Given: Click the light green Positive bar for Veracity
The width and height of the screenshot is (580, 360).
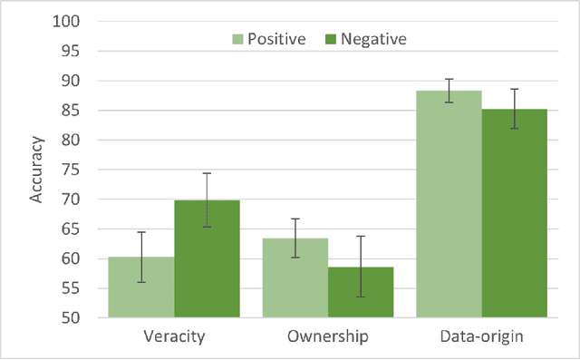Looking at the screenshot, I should click(x=141, y=287).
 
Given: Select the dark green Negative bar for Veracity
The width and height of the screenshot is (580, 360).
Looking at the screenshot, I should click(x=207, y=259).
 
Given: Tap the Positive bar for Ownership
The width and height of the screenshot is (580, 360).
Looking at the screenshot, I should click(x=295, y=278).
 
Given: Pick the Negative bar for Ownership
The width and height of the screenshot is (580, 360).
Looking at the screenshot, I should click(x=360, y=293).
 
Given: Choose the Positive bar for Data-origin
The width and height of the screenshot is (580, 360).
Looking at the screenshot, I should click(x=449, y=204).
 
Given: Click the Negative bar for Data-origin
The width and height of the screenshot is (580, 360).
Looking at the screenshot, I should click(x=514, y=214).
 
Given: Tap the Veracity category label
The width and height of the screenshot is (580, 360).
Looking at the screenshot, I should click(x=174, y=336).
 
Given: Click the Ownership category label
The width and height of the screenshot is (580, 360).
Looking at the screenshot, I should click(x=327, y=336).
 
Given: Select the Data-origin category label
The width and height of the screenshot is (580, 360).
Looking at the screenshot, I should click(x=481, y=336).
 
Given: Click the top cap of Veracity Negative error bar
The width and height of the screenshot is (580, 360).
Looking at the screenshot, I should click(x=207, y=173).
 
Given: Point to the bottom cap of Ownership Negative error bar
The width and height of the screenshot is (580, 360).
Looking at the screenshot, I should click(x=360, y=297).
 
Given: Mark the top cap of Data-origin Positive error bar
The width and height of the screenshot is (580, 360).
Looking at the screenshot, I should click(x=449, y=79).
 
